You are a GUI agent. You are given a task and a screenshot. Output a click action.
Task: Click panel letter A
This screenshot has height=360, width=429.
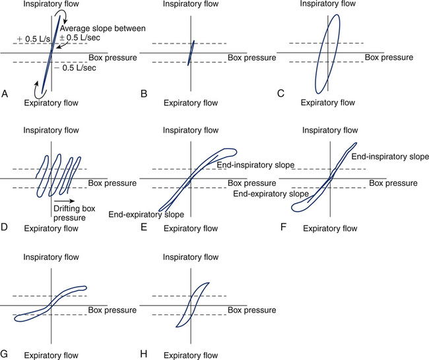tap(5, 94)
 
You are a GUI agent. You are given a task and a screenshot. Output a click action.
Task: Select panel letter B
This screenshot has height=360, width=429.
tap(144, 94)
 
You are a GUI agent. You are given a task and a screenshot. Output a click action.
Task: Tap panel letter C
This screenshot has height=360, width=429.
tap(280, 94)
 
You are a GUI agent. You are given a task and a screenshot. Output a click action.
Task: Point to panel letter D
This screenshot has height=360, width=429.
tap(4, 227)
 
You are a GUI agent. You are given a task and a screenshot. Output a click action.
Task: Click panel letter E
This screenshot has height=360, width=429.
tap(144, 227)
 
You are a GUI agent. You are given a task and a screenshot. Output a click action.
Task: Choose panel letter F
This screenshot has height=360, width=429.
tap(283, 227)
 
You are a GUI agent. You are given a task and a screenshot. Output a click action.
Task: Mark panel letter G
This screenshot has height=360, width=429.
tap(4, 354)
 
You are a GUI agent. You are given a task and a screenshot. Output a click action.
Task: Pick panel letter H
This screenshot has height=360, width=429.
tap(144, 354)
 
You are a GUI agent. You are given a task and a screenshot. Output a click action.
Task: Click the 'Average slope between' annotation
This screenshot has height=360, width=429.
tap(103, 28)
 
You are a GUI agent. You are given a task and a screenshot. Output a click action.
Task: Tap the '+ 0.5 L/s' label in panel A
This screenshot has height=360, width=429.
tap(34, 39)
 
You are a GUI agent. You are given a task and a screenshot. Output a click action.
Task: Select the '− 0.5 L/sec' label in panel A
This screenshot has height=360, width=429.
tap(75, 67)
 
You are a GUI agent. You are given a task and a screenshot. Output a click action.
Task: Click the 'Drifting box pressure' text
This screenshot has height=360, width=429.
tap(74, 213)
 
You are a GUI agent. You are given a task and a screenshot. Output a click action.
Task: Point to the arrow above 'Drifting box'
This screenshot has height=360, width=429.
tap(64, 201)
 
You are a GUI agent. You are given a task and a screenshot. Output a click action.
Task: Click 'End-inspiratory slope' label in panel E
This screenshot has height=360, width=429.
tap(255, 165)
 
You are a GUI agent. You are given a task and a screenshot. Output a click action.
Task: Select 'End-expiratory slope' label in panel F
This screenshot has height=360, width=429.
tap(271, 194)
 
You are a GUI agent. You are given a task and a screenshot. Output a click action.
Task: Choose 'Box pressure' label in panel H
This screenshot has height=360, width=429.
tap(251, 310)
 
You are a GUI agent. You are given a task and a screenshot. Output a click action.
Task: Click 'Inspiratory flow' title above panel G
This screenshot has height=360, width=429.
tap(51, 257)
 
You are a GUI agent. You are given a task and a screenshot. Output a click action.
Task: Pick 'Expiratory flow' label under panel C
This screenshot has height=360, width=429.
tap(328, 102)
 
